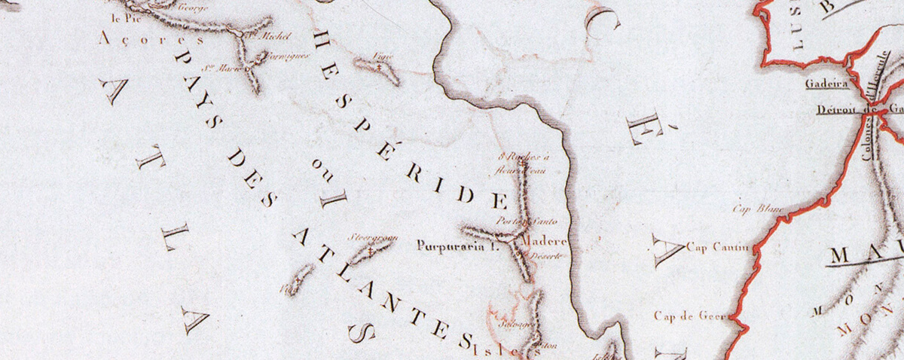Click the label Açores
pos(151,39)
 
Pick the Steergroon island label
pos(372,237)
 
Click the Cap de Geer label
pos(690,316)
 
